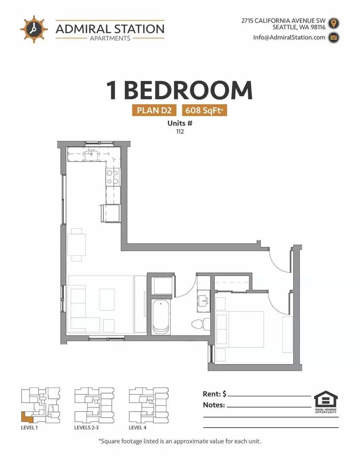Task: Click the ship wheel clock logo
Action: coord(34,29)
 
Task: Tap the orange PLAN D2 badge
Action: coord(154,110)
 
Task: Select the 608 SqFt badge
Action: coord(204,110)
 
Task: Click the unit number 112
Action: coord(180,131)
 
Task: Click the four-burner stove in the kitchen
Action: coord(113,177)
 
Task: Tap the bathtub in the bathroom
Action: coord(161,317)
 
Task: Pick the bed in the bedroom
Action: coord(240,329)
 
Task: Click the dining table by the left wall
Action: coord(77,245)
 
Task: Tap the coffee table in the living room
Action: coord(107,299)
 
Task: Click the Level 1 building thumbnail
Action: coord(41,405)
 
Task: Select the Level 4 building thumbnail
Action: coord(148,405)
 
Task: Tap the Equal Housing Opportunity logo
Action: coord(326,402)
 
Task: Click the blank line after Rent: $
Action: coord(269,396)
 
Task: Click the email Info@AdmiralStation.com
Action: coord(289,38)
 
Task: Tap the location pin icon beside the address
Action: coord(334,23)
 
